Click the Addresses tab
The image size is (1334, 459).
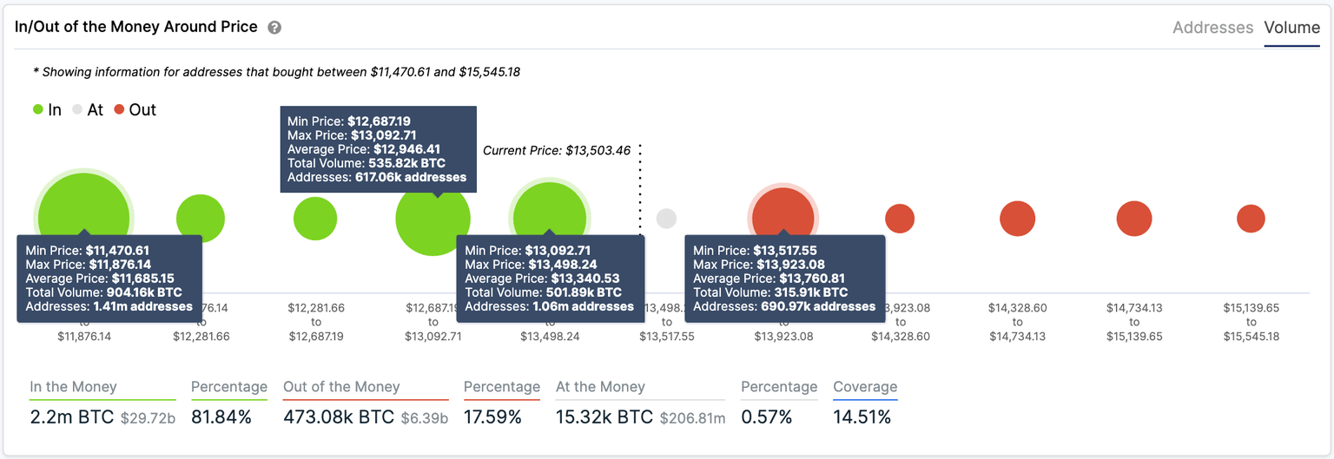1212,28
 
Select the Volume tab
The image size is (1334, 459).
1291,28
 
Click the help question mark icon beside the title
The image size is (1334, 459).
274,28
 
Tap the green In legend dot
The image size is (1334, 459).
37,110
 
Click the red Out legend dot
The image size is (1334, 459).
119,110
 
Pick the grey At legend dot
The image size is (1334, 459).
78,110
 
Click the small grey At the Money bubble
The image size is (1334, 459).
666,219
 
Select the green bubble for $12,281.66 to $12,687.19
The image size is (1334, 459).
314,219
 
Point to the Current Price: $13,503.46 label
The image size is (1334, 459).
555,150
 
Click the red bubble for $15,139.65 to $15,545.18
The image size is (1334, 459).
1251,219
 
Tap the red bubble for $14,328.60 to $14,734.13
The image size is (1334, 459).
1017,219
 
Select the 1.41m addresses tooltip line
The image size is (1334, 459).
109,306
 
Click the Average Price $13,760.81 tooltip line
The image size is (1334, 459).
769,279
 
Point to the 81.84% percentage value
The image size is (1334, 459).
221,416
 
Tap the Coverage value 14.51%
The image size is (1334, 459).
862,416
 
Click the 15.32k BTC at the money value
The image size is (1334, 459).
604,416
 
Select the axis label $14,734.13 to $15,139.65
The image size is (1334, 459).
1134,322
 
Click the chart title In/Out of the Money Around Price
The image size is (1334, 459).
136,27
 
